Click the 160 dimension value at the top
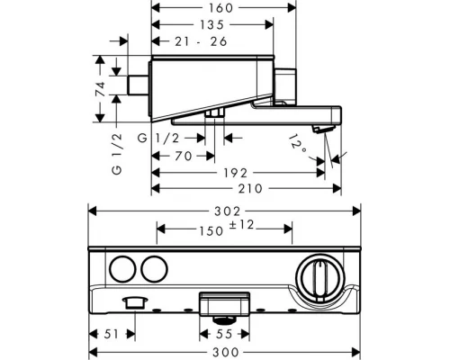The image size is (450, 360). coord(220,8)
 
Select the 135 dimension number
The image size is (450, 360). coord(212,25)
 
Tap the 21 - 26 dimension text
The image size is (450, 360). coord(201,41)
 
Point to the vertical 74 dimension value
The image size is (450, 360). coord(101,89)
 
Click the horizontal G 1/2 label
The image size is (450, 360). coord(158,139)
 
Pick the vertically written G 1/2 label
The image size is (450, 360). coord(117,154)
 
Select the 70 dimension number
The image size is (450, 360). coord(184,156)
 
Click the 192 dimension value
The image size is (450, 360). coord(236,173)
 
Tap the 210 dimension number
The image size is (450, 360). coord(250,189)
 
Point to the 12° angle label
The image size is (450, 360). coord(297,144)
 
